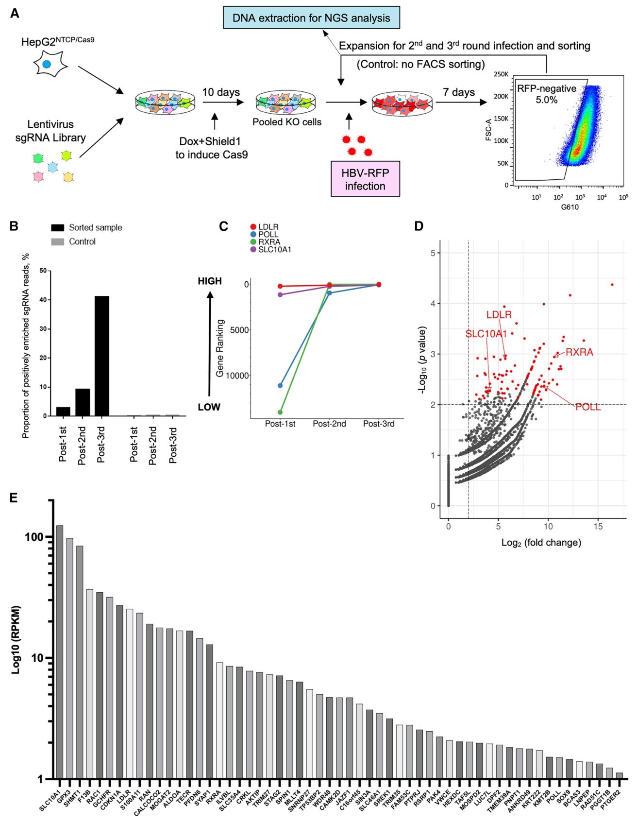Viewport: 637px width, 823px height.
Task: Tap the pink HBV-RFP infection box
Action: pyautogui.click(x=365, y=179)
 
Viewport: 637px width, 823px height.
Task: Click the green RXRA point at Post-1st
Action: pyautogui.click(x=280, y=412)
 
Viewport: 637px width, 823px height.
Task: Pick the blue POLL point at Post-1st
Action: pyautogui.click(x=280, y=385)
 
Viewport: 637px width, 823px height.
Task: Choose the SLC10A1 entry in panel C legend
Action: pyautogui.click(x=274, y=250)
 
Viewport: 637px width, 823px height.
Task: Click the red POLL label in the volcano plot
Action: pyautogui.click(x=587, y=407)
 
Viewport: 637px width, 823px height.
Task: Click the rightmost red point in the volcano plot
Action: pyautogui.click(x=612, y=285)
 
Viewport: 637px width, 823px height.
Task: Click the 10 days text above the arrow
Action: pyautogui.click(x=221, y=92)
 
